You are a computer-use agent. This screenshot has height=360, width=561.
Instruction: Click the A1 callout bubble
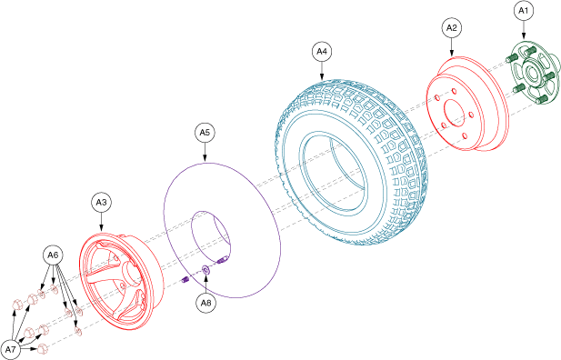(523, 11)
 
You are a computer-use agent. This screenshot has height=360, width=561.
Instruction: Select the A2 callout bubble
(452, 28)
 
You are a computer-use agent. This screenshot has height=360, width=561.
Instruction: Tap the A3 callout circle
(101, 203)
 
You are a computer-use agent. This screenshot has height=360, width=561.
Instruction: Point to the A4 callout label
(322, 52)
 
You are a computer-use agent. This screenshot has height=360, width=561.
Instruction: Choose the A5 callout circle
(205, 133)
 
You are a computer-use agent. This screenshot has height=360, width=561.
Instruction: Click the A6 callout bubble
(53, 255)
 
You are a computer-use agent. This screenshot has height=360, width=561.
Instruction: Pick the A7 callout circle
(11, 350)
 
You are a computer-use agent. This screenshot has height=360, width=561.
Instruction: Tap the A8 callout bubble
(206, 303)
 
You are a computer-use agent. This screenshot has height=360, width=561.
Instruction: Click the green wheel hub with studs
(532, 74)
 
